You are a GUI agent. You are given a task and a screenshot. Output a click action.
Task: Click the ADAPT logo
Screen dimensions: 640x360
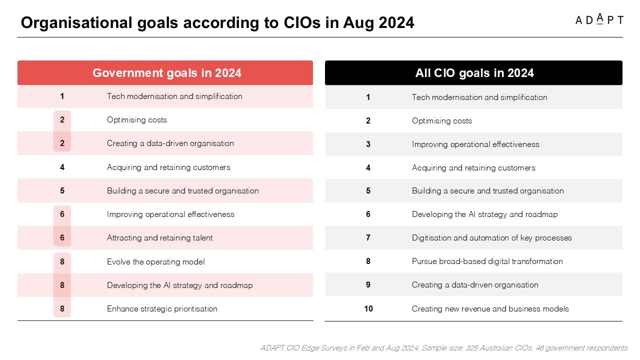(599, 19)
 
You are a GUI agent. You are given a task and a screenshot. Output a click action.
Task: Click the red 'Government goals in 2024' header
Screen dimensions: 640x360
(165, 72)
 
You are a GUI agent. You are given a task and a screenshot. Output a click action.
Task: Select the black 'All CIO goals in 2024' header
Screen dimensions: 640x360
(473, 72)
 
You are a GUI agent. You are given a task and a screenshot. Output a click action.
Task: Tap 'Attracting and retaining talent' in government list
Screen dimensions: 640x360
(159, 237)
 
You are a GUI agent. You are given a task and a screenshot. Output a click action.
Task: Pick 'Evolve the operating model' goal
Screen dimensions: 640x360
(155, 261)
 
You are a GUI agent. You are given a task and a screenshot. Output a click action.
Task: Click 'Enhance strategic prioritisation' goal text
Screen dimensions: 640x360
(162, 308)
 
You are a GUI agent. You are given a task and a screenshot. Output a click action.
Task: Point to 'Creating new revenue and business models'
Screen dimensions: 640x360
(490, 308)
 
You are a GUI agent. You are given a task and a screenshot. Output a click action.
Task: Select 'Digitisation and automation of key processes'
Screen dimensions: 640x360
(491, 237)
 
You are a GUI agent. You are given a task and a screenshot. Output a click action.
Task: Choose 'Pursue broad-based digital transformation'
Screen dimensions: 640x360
(487, 261)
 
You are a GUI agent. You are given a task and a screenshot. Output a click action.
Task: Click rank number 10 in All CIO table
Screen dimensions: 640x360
(368, 308)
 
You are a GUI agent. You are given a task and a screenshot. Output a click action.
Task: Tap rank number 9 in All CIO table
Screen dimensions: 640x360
(368, 284)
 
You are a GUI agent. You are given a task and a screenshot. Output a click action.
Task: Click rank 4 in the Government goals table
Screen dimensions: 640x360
(62, 167)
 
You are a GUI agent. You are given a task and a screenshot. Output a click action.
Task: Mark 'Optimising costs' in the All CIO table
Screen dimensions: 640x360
(441, 120)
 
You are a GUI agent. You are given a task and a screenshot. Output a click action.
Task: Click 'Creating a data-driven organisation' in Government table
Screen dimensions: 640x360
(170, 143)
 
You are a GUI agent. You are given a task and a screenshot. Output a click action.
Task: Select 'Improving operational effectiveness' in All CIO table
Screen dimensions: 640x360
(475, 144)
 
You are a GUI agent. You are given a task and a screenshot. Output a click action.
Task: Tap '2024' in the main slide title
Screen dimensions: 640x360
(396, 22)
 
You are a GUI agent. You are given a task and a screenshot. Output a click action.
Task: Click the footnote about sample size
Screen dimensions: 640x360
(443, 347)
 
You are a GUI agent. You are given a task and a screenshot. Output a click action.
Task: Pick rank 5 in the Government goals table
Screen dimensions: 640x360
(62, 190)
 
